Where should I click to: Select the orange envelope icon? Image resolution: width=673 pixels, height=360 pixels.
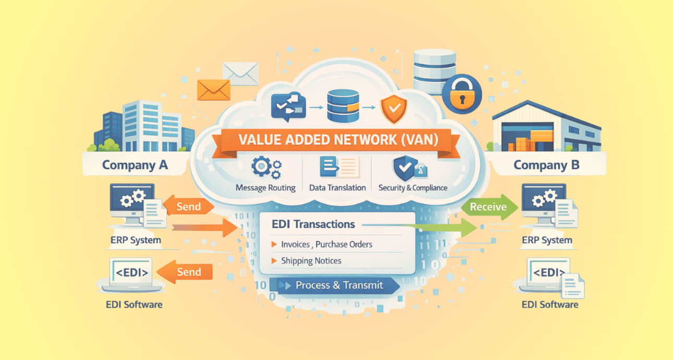point(213,89)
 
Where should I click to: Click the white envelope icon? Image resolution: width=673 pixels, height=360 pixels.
point(241,73)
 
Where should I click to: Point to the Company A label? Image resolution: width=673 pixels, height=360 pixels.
point(135,165)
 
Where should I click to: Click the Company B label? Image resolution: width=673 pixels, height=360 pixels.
point(546,165)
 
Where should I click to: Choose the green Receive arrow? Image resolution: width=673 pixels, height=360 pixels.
point(488,207)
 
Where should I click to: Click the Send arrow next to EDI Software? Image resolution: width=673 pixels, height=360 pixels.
point(185,272)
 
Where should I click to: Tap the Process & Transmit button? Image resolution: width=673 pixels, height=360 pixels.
point(339,285)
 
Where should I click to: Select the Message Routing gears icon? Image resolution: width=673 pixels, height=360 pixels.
point(266,167)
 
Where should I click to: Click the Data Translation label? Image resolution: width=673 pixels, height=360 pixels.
point(337,187)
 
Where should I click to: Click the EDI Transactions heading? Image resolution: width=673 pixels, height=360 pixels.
point(313,224)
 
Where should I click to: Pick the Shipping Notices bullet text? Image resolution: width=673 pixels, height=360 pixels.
point(311,261)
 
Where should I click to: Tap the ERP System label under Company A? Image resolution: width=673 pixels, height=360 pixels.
point(136,241)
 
